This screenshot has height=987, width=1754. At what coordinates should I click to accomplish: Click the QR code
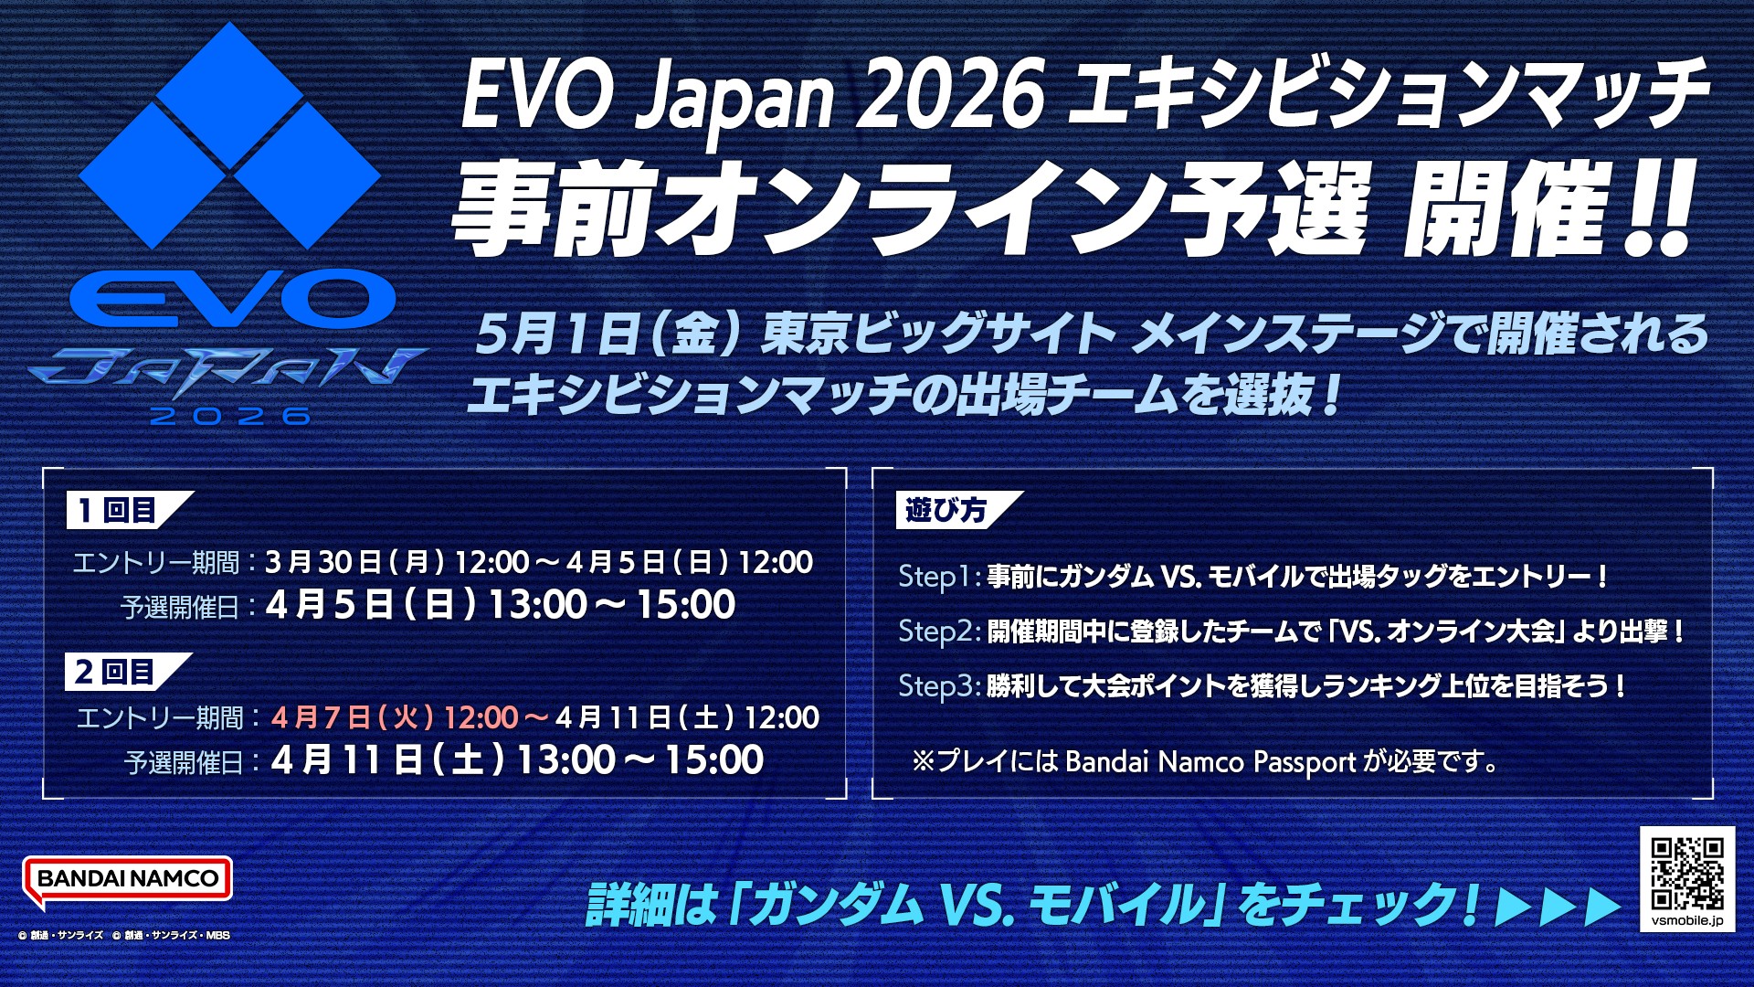1687,873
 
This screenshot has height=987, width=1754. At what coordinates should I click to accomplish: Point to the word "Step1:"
939,577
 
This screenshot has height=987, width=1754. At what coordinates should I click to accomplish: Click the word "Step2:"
939,631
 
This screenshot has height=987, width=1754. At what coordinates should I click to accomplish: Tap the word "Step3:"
939,686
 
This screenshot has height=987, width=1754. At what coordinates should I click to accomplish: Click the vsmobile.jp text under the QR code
1687,920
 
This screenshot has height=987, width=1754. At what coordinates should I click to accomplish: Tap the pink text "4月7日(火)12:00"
396,717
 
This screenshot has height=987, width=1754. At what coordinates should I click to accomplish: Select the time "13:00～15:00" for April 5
611,605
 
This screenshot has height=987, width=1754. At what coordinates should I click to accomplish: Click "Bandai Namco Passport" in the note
1210,762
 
